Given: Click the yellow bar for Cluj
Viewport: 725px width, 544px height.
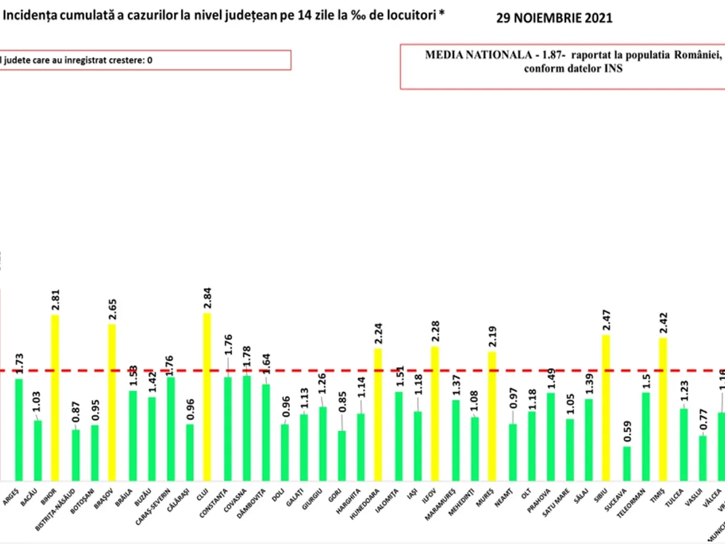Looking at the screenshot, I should [x=207, y=396].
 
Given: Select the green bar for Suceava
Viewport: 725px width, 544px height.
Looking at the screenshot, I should [x=627, y=462].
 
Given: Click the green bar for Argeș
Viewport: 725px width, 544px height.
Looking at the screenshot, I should [x=19, y=429].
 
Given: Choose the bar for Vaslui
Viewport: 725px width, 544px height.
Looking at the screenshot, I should [x=703, y=457].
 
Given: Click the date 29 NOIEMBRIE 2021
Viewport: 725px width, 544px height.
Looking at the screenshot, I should [x=554, y=18].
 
